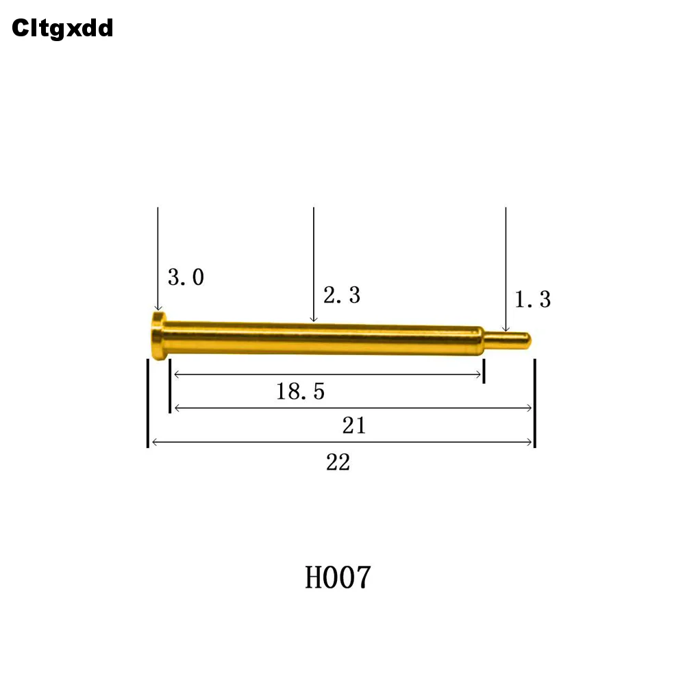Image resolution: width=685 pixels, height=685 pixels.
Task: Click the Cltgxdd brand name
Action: click(x=62, y=29)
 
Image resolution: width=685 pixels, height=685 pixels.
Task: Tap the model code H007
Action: click(x=338, y=577)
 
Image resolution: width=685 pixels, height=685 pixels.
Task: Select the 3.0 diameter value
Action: click(x=186, y=277)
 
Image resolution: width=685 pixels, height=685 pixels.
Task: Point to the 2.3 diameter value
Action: click(x=342, y=295)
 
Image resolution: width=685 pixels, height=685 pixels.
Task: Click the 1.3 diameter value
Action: click(x=532, y=299)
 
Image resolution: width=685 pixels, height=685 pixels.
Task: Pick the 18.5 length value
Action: click(x=301, y=391)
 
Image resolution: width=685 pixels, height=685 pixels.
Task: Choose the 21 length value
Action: click(x=354, y=425)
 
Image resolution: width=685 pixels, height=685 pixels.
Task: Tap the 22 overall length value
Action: click(x=338, y=462)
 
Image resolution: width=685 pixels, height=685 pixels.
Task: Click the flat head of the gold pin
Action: click(x=158, y=336)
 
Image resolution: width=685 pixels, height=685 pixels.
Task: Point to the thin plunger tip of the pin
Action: click(x=508, y=340)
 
